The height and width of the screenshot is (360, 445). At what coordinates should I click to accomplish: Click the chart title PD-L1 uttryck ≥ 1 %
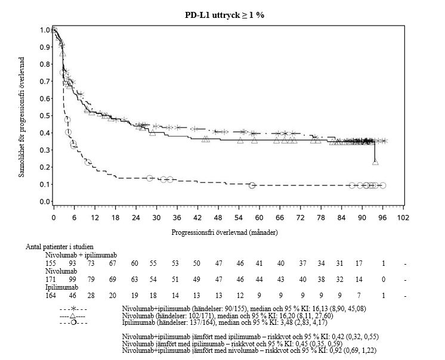pyautogui.click(x=224, y=15)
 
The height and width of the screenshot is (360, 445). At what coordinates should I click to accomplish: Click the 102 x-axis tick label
pyautogui.click(x=403, y=218)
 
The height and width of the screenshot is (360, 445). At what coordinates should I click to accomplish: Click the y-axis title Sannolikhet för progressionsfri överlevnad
pyautogui.click(x=22, y=116)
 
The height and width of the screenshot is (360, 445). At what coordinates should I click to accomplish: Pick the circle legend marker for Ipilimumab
pyautogui.click(x=72, y=322)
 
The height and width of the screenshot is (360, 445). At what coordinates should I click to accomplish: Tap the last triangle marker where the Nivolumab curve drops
pyautogui.click(x=375, y=162)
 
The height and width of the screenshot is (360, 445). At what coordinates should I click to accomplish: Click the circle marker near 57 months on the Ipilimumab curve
pyautogui.click(x=252, y=185)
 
